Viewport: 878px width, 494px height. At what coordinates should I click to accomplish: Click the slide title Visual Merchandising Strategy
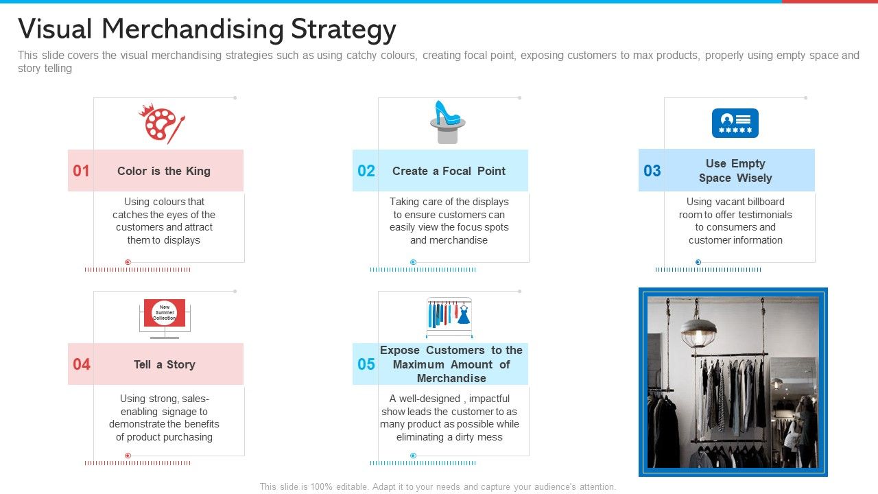click(206, 30)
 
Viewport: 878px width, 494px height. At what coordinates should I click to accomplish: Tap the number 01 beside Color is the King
click(81, 171)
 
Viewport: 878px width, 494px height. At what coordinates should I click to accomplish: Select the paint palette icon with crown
click(162, 123)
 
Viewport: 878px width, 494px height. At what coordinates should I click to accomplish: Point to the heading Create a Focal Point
click(449, 171)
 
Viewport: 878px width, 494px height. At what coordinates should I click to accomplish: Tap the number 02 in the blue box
click(366, 171)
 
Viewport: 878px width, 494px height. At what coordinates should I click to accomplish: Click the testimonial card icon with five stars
click(735, 123)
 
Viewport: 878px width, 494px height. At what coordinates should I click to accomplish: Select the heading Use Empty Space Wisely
click(735, 171)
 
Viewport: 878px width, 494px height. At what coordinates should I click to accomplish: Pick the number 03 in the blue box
click(652, 171)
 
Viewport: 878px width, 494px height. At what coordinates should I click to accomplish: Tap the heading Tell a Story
click(164, 364)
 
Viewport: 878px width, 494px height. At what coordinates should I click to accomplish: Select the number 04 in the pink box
click(81, 364)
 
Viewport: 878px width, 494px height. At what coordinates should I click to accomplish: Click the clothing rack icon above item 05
click(449, 316)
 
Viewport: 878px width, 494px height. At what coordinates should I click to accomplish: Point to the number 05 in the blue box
click(366, 364)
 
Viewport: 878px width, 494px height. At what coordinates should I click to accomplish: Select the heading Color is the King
click(163, 171)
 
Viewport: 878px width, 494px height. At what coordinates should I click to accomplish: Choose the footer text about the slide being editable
click(438, 486)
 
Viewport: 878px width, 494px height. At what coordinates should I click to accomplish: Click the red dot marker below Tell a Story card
click(128, 456)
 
